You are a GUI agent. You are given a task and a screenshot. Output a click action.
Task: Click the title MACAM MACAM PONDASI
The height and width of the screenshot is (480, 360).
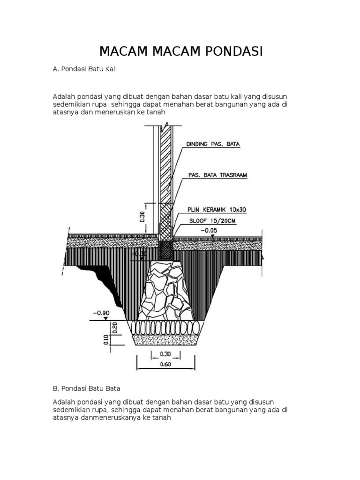coord(180,51)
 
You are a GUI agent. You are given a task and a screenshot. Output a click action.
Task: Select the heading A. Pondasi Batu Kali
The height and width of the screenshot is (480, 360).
coord(84,69)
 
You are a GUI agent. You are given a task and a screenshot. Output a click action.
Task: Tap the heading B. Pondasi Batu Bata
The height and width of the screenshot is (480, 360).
coord(87,388)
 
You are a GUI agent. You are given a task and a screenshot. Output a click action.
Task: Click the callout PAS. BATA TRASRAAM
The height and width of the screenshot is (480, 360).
coord(217,175)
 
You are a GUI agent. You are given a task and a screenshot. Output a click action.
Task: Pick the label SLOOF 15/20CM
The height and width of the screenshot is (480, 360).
coord(212,220)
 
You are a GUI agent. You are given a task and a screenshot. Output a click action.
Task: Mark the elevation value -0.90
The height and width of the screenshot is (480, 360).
coord(102,313)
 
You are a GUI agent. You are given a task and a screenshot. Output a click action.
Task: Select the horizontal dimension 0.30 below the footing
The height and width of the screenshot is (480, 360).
coord(165,354)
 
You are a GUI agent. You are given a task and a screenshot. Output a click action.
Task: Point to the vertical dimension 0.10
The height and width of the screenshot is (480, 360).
coord(106,339)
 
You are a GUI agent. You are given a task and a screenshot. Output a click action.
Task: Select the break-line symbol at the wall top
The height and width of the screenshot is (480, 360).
coord(165,126)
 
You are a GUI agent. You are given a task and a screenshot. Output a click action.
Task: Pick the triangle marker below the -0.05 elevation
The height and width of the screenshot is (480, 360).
coord(213,236)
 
